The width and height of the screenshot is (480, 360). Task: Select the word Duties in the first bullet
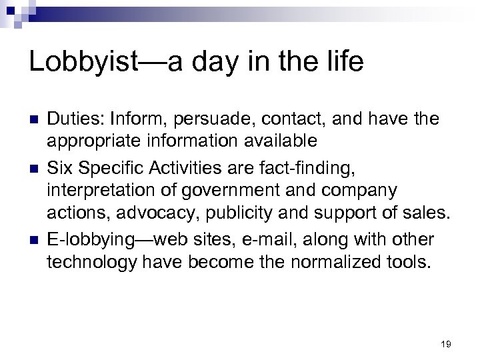[71, 119]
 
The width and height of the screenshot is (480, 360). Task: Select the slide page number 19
[446, 344]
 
